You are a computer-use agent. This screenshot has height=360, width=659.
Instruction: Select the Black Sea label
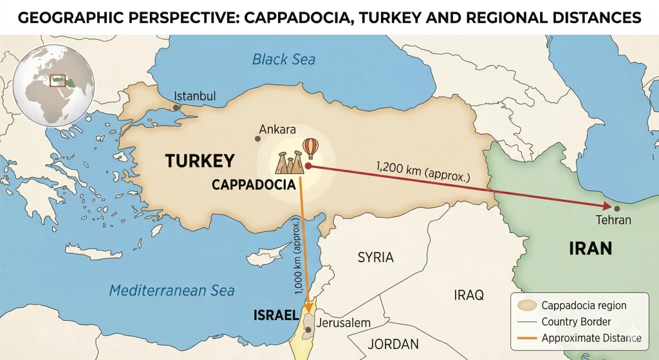coord(284,60)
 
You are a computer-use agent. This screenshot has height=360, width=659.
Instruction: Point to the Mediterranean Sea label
coord(172,290)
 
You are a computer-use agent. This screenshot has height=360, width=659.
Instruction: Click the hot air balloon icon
coord(310,148)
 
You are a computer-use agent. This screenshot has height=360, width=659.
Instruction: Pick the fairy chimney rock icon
coord(289,163)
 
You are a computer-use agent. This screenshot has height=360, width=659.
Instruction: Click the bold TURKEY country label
coord(200,161)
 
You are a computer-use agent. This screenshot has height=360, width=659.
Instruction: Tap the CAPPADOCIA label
coord(254,185)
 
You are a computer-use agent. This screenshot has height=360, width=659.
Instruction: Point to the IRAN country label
coord(590,248)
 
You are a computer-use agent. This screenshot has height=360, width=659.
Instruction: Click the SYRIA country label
coord(375,257)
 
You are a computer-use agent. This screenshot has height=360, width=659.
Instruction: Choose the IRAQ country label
coord(468,295)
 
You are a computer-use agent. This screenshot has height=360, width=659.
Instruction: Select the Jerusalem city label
coord(344,322)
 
